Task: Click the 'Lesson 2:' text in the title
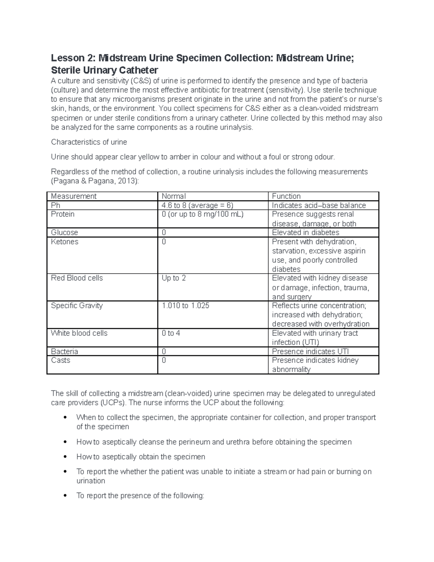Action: point(73,58)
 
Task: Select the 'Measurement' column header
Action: point(73,196)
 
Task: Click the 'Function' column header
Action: point(286,196)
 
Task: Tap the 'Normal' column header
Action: point(174,196)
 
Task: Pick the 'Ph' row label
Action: point(56,205)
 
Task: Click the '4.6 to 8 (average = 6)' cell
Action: point(197,205)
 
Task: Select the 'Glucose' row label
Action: point(64,232)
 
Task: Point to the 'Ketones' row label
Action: point(64,241)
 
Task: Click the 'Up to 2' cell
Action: point(174,278)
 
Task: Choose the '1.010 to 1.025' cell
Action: point(186,305)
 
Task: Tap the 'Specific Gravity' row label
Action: point(77,305)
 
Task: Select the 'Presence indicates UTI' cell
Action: point(310,351)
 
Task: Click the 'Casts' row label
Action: point(60,360)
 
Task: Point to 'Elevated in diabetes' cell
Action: point(306,232)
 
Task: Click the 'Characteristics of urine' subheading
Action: point(89,142)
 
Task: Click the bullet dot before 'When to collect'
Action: point(65,418)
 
